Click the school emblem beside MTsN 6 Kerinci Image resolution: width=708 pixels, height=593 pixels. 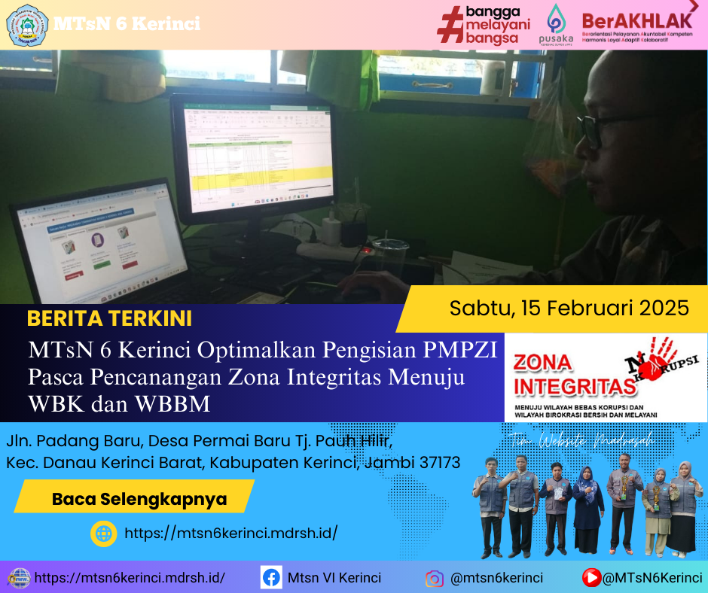(x=26, y=24)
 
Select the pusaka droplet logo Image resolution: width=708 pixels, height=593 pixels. (x=556, y=18)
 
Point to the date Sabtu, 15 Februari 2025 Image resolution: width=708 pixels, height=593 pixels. (x=569, y=308)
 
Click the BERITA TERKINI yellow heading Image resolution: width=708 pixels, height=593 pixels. (x=109, y=318)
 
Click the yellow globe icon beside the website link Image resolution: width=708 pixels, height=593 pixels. (x=103, y=534)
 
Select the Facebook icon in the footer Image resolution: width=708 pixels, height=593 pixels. (x=271, y=578)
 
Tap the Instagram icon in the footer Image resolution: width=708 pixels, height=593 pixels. (x=434, y=579)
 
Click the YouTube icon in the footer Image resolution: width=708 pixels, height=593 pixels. (x=592, y=578)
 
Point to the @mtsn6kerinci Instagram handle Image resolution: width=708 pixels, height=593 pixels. (x=496, y=578)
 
